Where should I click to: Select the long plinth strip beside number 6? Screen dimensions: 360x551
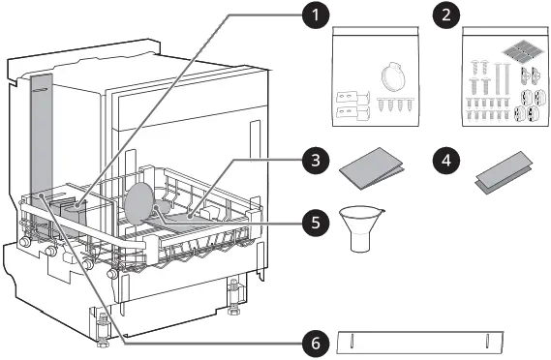(419, 343)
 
